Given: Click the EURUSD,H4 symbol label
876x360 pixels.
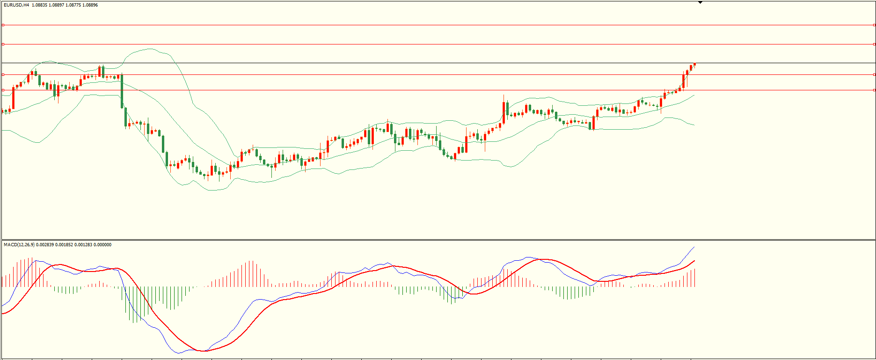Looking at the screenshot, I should (16, 5).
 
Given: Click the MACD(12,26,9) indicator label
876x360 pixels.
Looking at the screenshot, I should (19, 245).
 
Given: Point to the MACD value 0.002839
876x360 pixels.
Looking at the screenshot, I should (44, 245).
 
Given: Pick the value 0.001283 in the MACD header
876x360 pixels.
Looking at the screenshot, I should (83, 245).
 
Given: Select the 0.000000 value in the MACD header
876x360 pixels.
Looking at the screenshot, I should (102, 245).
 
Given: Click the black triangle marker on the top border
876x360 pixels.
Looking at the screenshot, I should (700, 2).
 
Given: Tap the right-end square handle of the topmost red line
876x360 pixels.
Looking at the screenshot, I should (874, 25).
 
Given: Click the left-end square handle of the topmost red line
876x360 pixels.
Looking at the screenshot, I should (3, 25).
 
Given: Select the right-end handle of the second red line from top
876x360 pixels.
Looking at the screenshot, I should (874, 44).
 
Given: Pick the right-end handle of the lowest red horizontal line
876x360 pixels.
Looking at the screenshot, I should (874, 90).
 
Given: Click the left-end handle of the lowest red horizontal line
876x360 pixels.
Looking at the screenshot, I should (3, 90).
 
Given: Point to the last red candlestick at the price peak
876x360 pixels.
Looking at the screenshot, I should (694, 65).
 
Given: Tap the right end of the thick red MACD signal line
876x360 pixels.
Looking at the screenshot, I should (694, 261).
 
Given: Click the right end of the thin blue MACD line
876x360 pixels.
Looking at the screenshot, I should (694, 247).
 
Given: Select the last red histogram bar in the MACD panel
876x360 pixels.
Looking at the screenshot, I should (694, 278).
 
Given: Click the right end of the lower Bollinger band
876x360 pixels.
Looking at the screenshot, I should (694, 125).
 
